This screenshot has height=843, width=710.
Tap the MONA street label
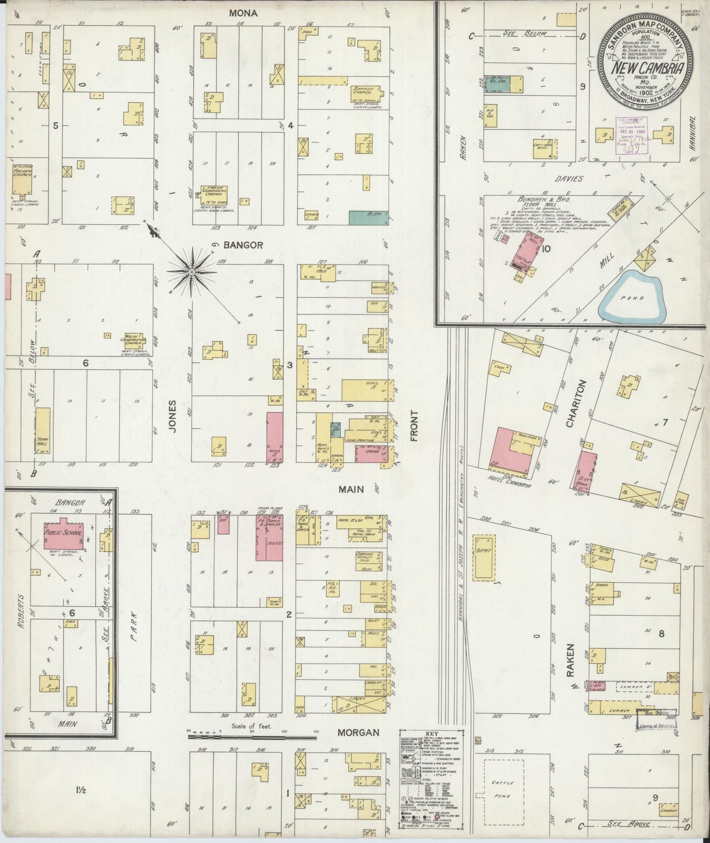point(243,13)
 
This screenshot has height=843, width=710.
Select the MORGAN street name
point(358,732)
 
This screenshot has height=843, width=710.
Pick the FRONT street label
point(414,427)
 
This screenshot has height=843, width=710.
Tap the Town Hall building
point(42,432)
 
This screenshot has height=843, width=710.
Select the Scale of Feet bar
point(252,737)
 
